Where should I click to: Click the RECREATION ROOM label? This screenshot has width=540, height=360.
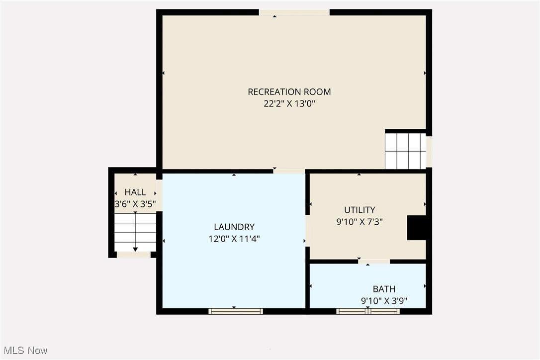(289, 92)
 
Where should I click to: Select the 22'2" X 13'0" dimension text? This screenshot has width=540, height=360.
(289, 104)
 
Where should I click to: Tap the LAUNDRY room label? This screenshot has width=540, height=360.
(234, 227)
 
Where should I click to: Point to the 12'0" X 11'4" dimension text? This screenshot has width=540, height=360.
(234, 239)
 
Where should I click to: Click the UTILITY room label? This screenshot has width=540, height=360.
(360, 210)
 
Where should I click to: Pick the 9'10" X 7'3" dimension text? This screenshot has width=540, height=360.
(360, 222)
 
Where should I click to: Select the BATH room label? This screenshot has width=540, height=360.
(384, 289)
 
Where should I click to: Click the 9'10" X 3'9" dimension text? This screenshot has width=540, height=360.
(384, 301)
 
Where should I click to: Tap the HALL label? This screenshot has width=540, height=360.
(135, 192)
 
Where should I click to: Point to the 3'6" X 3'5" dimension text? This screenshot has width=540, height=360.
(135, 204)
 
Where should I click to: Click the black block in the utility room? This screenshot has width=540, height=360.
(416, 228)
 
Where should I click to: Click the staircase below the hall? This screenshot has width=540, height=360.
(135, 232)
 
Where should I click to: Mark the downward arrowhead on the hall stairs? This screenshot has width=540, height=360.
(135, 249)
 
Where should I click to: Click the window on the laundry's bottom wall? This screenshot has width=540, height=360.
(236, 311)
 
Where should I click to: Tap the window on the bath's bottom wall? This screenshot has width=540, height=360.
(368, 311)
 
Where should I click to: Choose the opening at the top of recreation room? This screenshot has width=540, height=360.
(294, 12)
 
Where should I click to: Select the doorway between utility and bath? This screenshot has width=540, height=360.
(374, 262)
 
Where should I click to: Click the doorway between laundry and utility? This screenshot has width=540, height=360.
(307, 230)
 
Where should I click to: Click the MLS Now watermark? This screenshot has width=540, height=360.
(24, 351)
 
